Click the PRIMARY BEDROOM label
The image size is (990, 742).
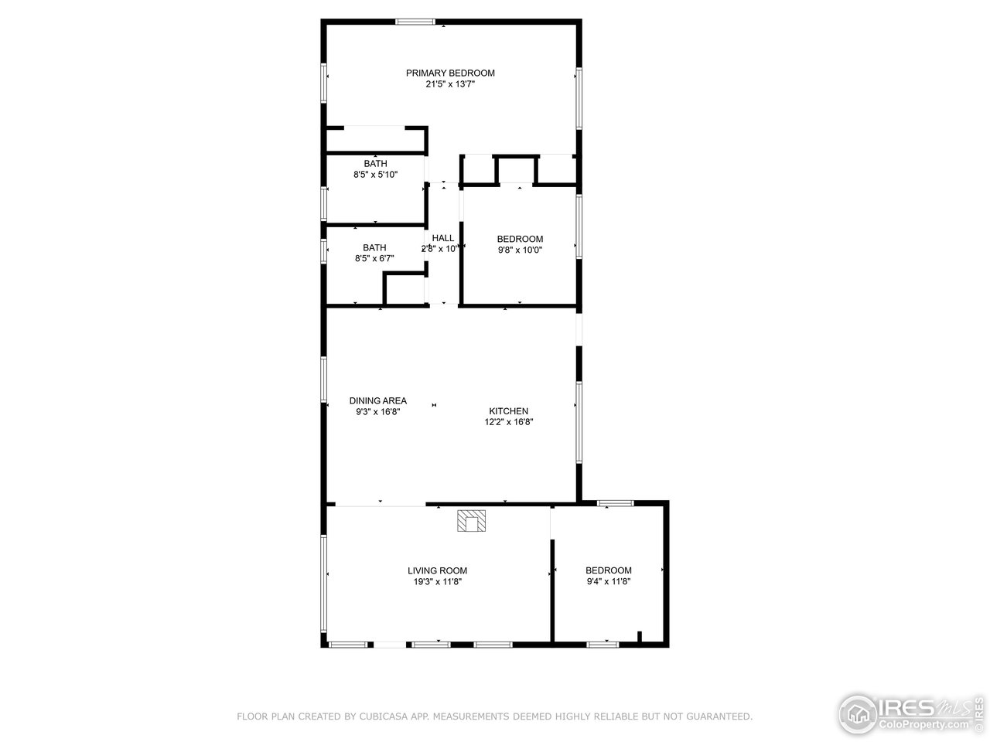point(450,73)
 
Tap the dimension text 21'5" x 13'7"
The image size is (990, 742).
point(450,84)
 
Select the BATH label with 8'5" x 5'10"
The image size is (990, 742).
point(375,164)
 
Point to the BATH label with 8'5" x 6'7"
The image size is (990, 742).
point(374,248)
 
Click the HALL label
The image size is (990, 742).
point(443,238)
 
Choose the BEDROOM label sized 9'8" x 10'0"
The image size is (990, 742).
point(520,240)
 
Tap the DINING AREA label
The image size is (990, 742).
point(377,401)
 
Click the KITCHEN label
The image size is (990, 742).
point(508,411)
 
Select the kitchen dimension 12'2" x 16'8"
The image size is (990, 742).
point(508,422)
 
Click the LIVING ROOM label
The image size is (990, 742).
point(438,571)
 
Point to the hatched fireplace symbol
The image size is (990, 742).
point(471,521)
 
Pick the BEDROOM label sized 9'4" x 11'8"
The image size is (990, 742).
point(608,570)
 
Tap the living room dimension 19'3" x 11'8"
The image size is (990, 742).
point(438,582)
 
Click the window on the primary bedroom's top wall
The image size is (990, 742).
point(415,22)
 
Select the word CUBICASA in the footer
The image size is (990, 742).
point(384,717)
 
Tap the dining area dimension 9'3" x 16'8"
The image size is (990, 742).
point(377,412)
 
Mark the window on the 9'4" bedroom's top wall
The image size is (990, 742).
point(615,503)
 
